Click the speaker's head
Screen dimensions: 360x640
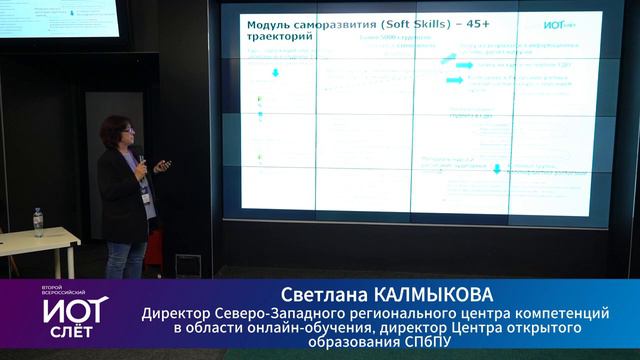(x=114, y=133)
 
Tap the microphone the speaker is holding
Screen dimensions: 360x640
(x=142, y=161)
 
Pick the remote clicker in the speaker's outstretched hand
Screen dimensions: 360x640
(x=164, y=167)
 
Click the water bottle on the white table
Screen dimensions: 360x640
(x=38, y=222)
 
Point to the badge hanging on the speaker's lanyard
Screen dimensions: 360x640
(x=147, y=197)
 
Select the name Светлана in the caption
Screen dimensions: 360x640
(x=325, y=295)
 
